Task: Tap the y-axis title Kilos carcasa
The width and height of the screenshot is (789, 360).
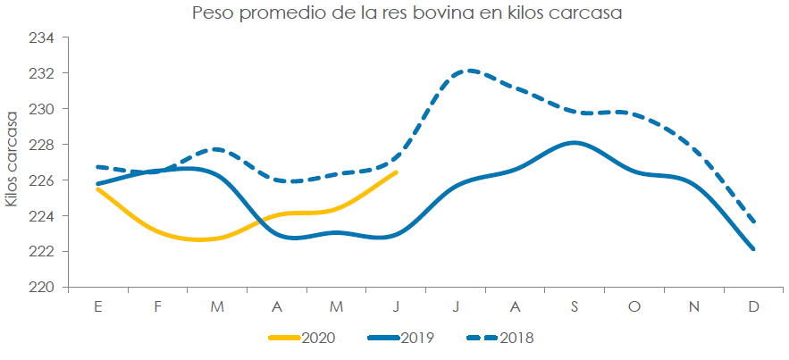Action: click(x=12, y=159)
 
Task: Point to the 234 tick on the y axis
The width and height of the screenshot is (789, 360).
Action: click(x=44, y=38)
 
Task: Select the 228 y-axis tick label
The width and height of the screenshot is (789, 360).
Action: click(x=44, y=145)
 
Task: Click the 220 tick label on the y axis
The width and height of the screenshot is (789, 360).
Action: click(x=44, y=288)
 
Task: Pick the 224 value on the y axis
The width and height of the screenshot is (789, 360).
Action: click(x=44, y=216)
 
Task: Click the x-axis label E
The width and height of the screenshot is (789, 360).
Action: click(x=97, y=306)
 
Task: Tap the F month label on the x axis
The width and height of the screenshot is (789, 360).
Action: click(x=157, y=306)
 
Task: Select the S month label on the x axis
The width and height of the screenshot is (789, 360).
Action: click(x=575, y=306)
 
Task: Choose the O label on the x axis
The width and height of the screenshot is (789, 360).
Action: click(x=634, y=306)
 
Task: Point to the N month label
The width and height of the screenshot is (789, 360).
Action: click(x=694, y=306)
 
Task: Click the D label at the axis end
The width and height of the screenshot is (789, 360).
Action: click(x=754, y=306)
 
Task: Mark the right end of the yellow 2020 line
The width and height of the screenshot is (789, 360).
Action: click(x=396, y=172)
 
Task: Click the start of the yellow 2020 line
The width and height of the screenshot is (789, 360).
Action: click(x=97, y=188)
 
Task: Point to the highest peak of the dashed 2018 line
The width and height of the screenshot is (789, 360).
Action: click(x=468, y=70)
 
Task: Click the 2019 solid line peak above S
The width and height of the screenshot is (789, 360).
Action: click(x=574, y=142)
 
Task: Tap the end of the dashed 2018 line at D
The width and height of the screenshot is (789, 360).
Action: click(x=754, y=222)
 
